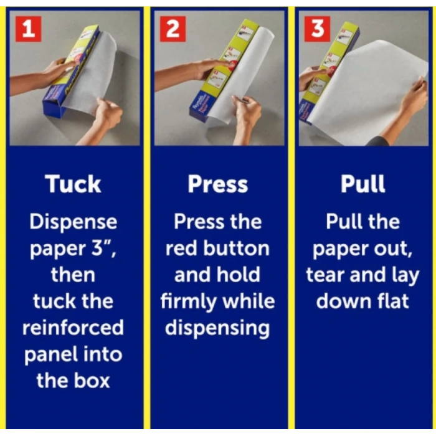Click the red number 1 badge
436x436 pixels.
[x=29, y=29]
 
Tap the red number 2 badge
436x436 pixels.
[x=173, y=29]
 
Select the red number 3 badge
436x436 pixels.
[x=317, y=29]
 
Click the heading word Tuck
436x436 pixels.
[x=73, y=184]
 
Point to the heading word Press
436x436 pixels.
[x=218, y=184]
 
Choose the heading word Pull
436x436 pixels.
[x=363, y=184]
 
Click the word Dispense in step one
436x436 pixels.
[x=73, y=222]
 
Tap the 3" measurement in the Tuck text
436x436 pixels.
[x=103, y=249]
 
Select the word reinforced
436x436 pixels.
[x=73, y=328]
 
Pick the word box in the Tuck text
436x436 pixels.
[x=92, y=381]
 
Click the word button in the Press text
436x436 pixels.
[x=236, y=249]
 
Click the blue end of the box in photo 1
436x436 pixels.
[x=54, y=104]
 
